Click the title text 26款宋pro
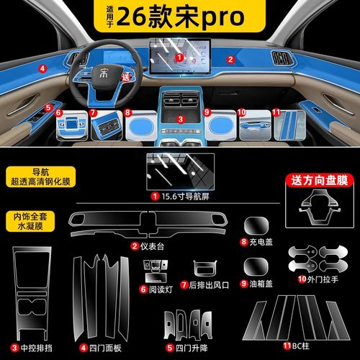[x=194, y=16]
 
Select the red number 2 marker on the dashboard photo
[x=230, y=58]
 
